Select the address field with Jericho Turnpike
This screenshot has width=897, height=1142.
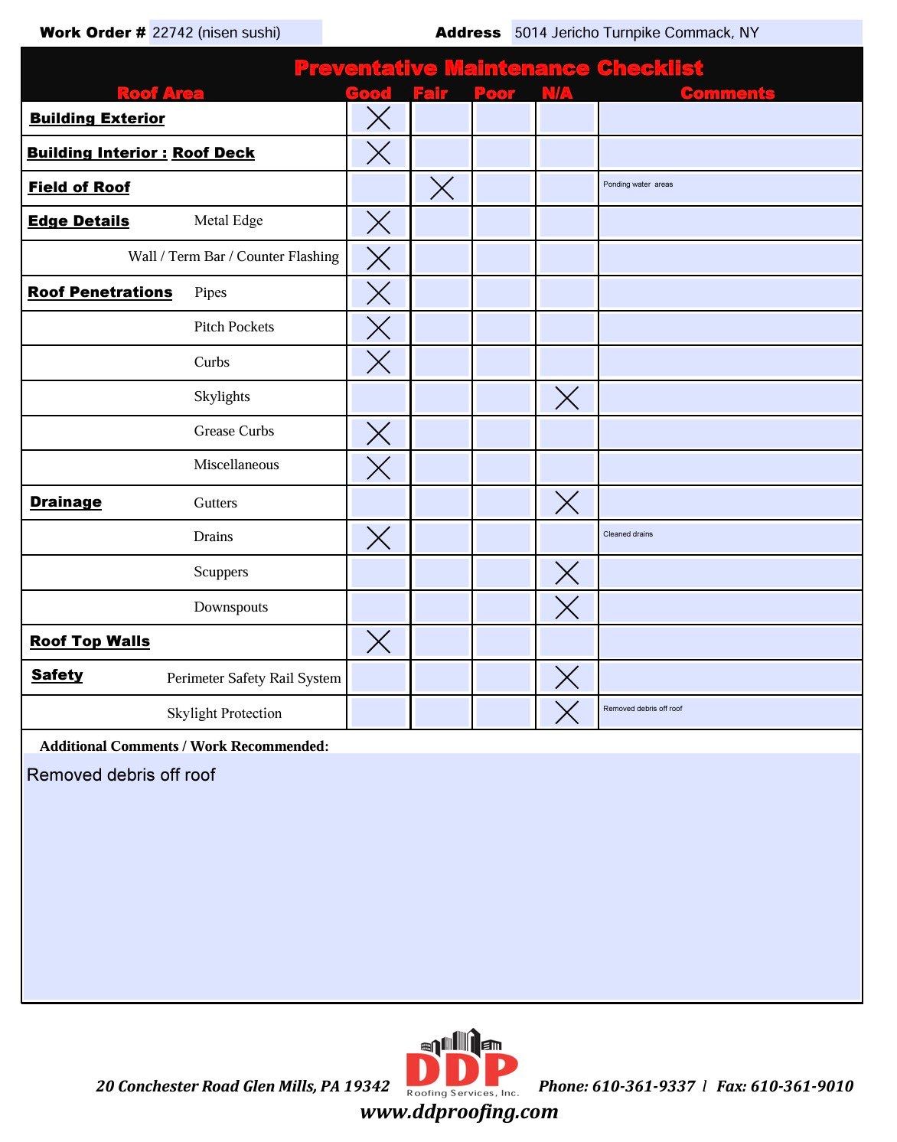tap(685, 33)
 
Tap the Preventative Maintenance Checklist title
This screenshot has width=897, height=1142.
tap(498, 68)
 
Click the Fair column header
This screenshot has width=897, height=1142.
tap(430, 93)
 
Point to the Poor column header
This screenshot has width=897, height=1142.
tap(494, 93)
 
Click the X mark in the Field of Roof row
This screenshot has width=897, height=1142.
tap(442, 188)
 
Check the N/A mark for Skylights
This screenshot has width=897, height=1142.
tap(566, 398)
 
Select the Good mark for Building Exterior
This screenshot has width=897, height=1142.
tap(378, 119)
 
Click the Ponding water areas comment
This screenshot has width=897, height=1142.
tap(638, 184)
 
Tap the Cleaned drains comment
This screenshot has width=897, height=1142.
tap(628, 534)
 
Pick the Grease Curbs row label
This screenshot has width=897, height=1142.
tap(233, 431)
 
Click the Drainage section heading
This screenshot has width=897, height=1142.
tap(66, 502)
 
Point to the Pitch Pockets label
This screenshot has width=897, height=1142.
tap(233, 327)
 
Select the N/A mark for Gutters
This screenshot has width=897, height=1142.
tap(566, 503)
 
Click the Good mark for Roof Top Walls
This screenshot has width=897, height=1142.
tap(378, 641)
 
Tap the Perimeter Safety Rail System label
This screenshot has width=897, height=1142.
tap(253, 678)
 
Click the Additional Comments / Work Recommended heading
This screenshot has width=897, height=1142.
tap(184, 746)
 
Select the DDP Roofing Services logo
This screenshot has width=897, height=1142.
tap(462, 1064)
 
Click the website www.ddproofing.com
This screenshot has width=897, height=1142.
tap(459, 1111)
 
